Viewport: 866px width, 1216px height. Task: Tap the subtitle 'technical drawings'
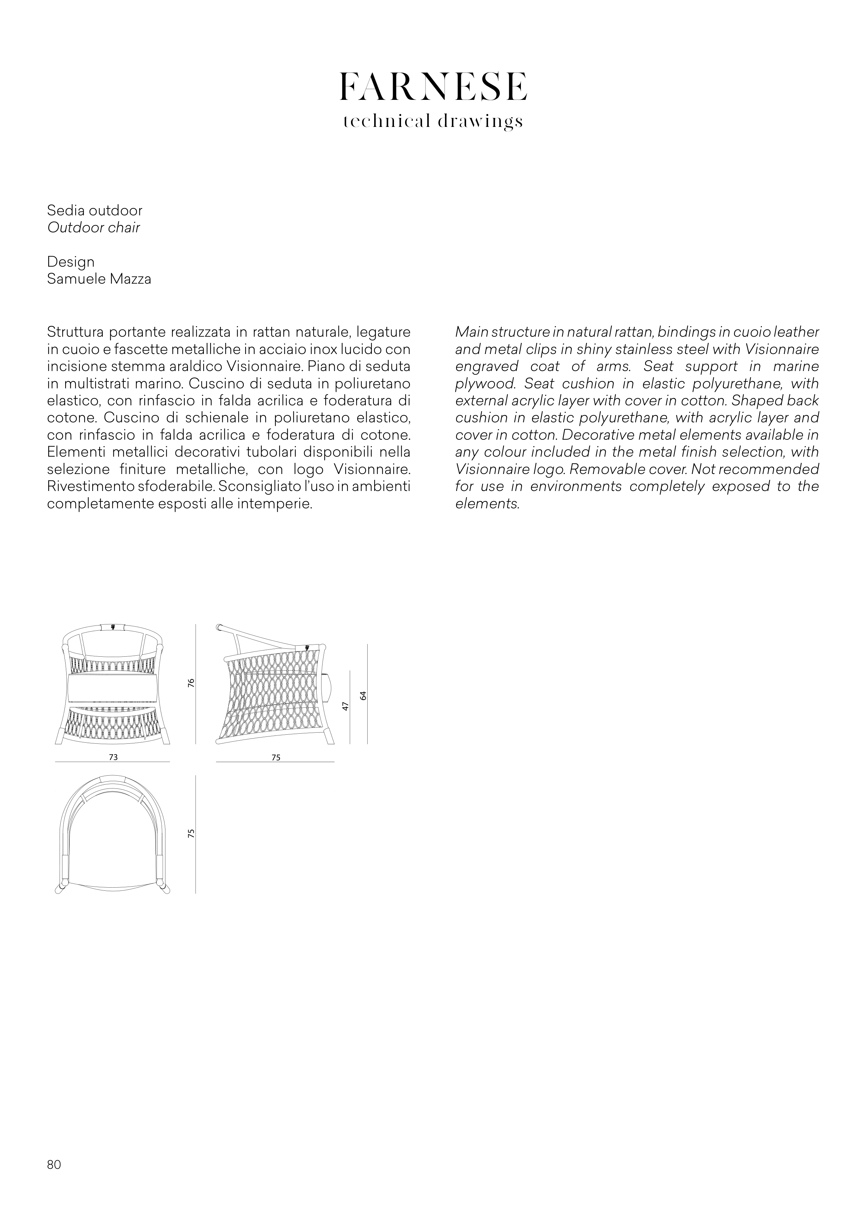pyautogui.click(x=433, y=122)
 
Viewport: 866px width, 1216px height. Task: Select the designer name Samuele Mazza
pyautogui.click(x=99, y=279)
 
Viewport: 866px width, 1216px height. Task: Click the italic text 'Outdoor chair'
pyautogui.click(x=94, y=228)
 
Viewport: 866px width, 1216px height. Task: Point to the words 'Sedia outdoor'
pyautogui.click(x=95, y=210)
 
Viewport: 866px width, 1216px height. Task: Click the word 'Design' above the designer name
pyautogui.click(x=71, y=262)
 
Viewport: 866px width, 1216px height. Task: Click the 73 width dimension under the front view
pyautogui.click(x=113, y=757)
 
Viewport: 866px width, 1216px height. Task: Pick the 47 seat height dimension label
pyautogui.click(x=345, y=706)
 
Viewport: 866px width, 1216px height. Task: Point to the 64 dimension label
pyautogui.click(x=363, y=695)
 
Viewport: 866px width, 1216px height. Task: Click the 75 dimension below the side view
pyautogui.click(x=276, y=757)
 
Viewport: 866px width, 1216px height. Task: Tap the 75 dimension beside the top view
pyautogui.click(x=191, y=833)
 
